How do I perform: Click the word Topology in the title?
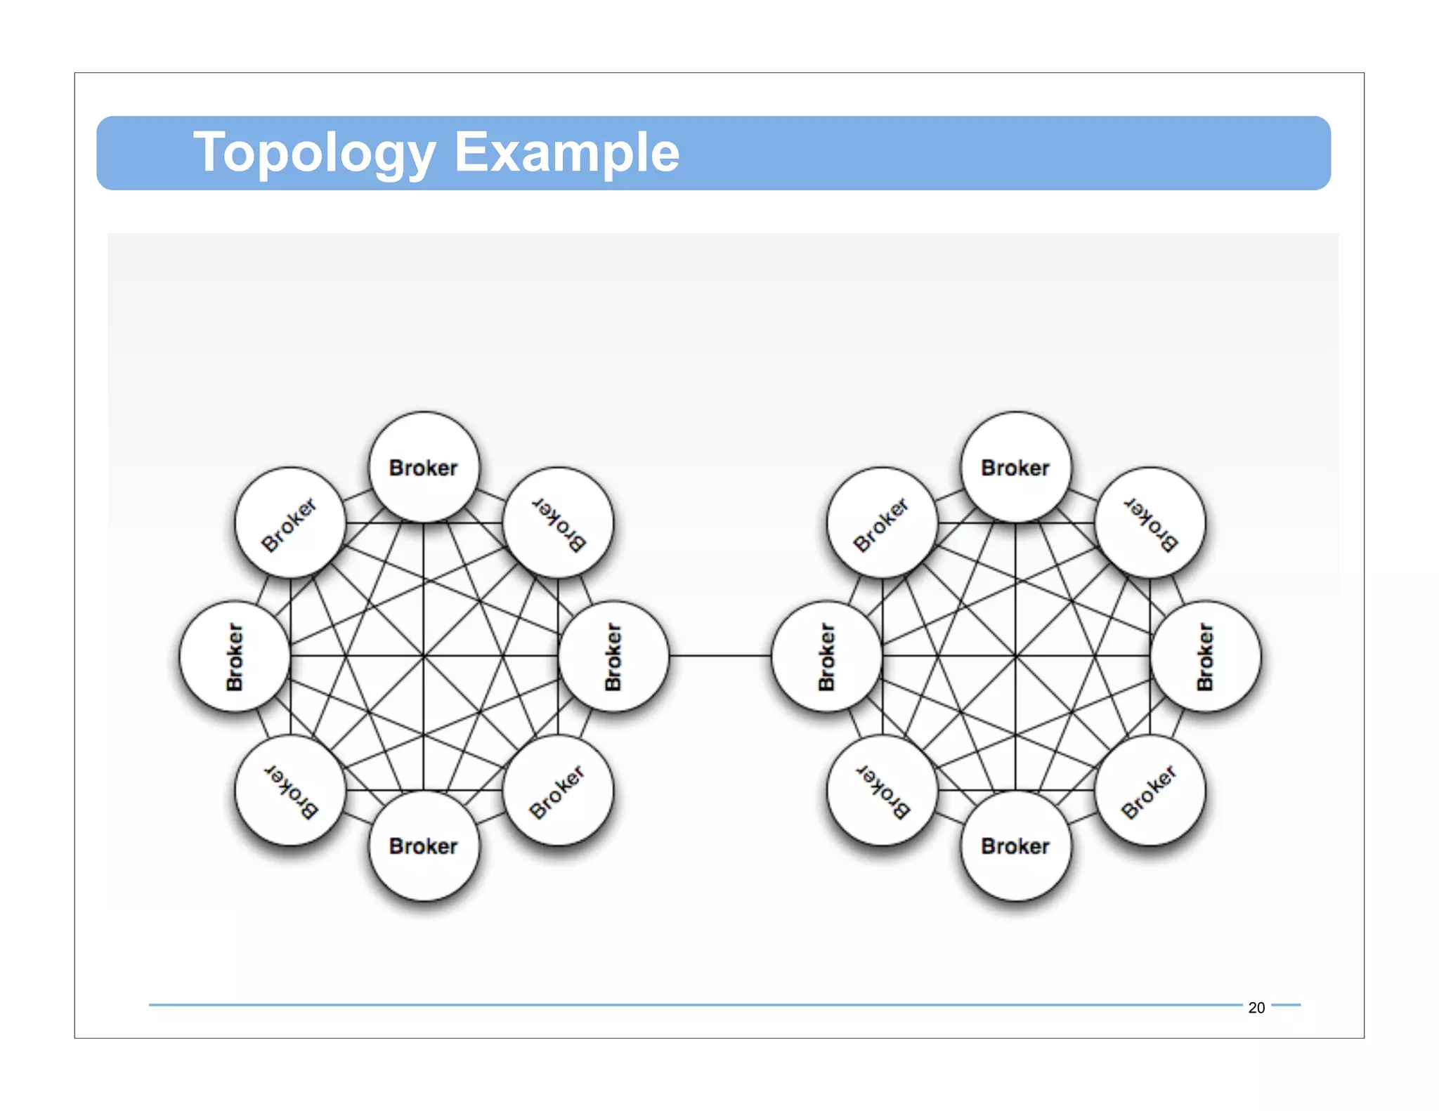coord(313,153)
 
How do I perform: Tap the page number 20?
coord(1256,1007)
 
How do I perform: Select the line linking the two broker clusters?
coord(720,656)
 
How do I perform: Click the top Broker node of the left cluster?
coord(424,467)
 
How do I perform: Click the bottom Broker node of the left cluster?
coord(424,846)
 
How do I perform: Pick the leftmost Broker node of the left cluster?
coord(235,657)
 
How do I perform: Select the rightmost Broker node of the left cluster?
coord(613,657)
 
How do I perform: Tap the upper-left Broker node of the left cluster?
coord(290,523)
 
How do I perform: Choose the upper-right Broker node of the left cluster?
coord(558,523)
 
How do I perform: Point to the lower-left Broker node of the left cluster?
coord(290,790)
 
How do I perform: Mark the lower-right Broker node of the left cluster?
coord(558,790)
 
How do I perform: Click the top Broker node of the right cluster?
coord(1016,467)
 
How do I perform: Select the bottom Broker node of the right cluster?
coord(1016,846)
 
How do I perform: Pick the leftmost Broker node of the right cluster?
coord(826,657)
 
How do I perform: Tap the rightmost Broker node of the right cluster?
coord(1206,657)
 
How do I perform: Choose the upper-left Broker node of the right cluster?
coord(883,523)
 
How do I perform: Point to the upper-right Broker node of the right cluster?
coord(1150,523)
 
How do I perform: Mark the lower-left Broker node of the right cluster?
coord(883,790)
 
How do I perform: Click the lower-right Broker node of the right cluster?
coord(1150,790)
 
